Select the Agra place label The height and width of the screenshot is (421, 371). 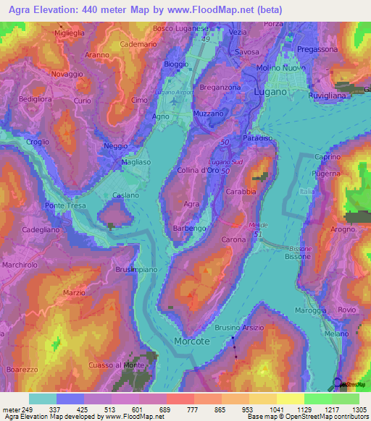191,205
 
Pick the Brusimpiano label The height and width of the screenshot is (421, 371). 136,269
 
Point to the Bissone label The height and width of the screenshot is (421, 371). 299,257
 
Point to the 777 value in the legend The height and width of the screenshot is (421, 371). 191,409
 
